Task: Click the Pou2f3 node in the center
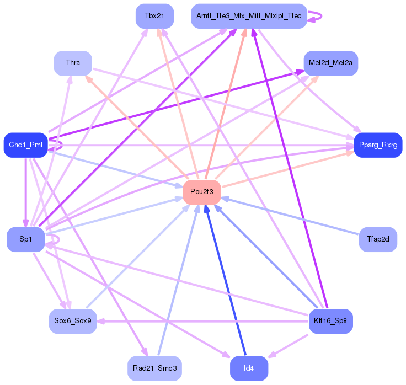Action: [202, 192]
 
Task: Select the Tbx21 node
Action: [154, 16]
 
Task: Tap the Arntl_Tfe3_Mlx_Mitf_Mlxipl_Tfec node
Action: [249, 16]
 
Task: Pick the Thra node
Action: [73, 63]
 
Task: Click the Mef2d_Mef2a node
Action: [330, 63]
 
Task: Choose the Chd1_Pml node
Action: [25, 145]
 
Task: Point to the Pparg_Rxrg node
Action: [378, 145]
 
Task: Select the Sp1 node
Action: [25, 239]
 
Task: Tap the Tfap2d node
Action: [378, 239]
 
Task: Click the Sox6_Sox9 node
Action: [73, 321]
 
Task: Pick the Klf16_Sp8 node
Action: [330, 321]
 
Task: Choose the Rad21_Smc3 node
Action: [154, 368]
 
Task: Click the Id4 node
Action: [249, 368]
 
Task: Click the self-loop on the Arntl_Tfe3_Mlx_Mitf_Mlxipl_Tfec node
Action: [322, 17]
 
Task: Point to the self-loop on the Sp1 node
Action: [59, 239]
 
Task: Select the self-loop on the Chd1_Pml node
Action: [62, 145]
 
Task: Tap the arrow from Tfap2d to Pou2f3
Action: [290, 216]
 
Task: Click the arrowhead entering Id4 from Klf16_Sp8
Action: [271, 355]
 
